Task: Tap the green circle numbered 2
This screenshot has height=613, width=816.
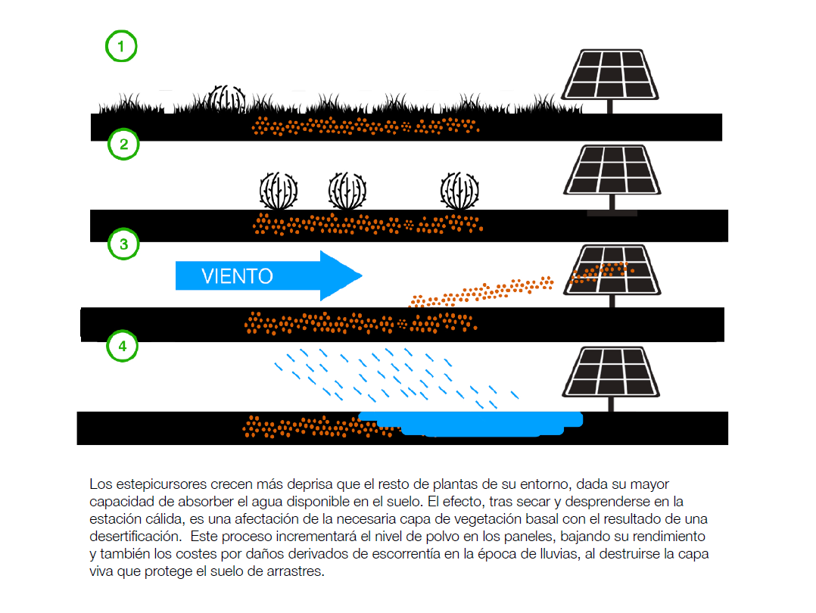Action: tap(123, 143)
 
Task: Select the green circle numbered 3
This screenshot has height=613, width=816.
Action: tap(123, 244)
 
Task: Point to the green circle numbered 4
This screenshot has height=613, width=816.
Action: tap(122, 347)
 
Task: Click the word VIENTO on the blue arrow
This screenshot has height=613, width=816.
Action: tap(237, 276)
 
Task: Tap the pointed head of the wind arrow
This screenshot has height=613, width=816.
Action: tap(341, 275)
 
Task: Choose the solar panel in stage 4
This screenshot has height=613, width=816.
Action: tap(610, 372)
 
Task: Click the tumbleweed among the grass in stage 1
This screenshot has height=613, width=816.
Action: tap(226, 99)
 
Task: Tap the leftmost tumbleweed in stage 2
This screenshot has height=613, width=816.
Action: tap(278, 191)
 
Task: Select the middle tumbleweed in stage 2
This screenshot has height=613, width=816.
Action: tap(347, 191)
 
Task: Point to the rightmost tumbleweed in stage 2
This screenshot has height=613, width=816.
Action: tap(460, 191)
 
